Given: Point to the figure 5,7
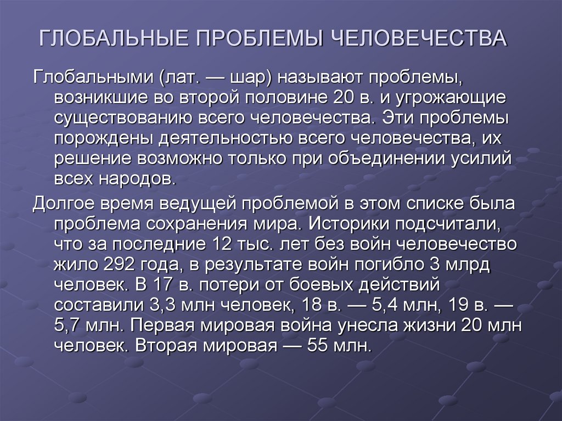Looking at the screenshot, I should [68, 325].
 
